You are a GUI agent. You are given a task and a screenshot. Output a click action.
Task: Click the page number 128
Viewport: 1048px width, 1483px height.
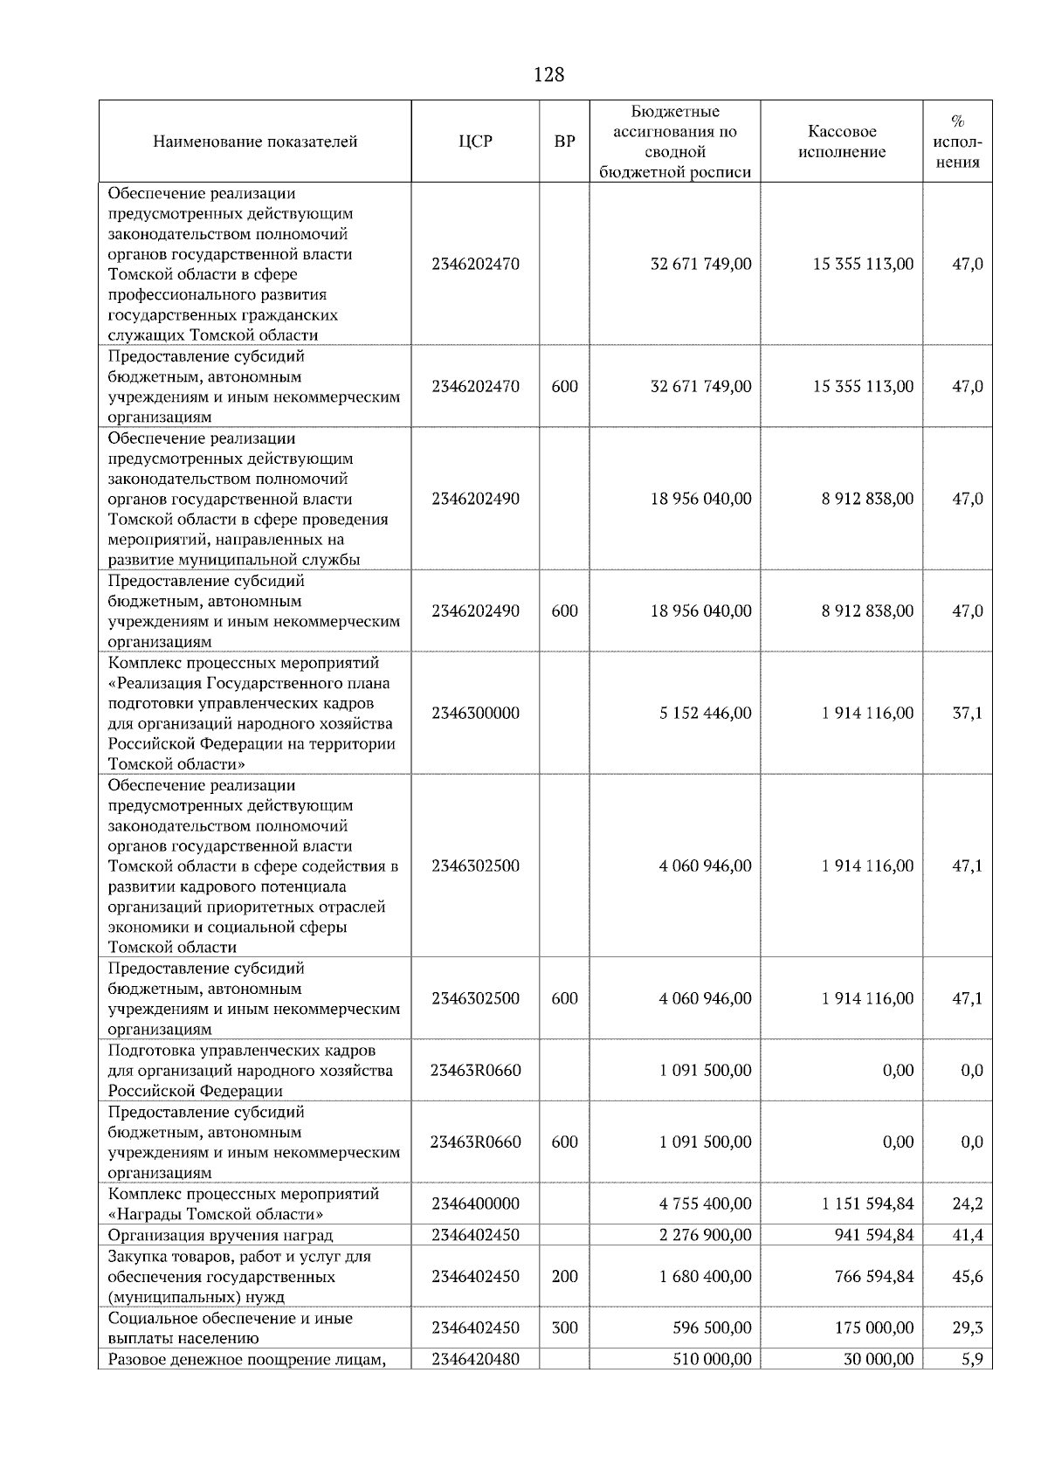tap(548, 75)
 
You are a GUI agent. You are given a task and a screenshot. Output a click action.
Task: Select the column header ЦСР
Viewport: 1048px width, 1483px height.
tap(475, 141)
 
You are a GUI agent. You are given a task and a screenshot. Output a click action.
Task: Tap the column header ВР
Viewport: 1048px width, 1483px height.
tap(565, 141)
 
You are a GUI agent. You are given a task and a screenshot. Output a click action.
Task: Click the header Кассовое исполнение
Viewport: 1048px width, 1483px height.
tap(841, 141)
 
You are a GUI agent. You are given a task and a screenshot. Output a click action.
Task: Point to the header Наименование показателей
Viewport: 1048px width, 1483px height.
tap(255, 141)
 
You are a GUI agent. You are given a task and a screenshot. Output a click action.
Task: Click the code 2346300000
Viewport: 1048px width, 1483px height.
tap(475, 713)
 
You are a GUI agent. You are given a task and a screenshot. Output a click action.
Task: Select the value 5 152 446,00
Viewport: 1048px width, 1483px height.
tap(705, 713)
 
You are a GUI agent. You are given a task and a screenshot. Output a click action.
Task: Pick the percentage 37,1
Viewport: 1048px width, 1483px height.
tap(967, 713)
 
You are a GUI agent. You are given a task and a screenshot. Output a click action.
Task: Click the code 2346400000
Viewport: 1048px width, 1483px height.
tap(475, 1204)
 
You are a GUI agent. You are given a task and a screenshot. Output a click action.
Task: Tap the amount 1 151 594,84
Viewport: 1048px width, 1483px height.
tap(867, 1204)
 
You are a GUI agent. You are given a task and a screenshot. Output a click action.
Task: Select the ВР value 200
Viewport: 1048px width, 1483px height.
tap(565, 1276)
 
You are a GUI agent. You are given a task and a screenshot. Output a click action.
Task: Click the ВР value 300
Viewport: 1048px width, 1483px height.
tap(565, 1328)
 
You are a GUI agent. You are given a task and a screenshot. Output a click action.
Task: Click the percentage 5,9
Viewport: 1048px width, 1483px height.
tap(972, 1359)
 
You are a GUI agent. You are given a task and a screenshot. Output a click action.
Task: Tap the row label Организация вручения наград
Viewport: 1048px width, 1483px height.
tap(220, 1235)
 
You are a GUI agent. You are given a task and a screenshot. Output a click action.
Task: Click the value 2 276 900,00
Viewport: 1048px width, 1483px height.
tap(705, 1235)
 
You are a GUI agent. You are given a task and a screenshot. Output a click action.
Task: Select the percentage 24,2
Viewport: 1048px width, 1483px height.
tap(967, 1204)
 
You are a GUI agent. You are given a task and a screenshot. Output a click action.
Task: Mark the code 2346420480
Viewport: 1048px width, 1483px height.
tap(475, 1359)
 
